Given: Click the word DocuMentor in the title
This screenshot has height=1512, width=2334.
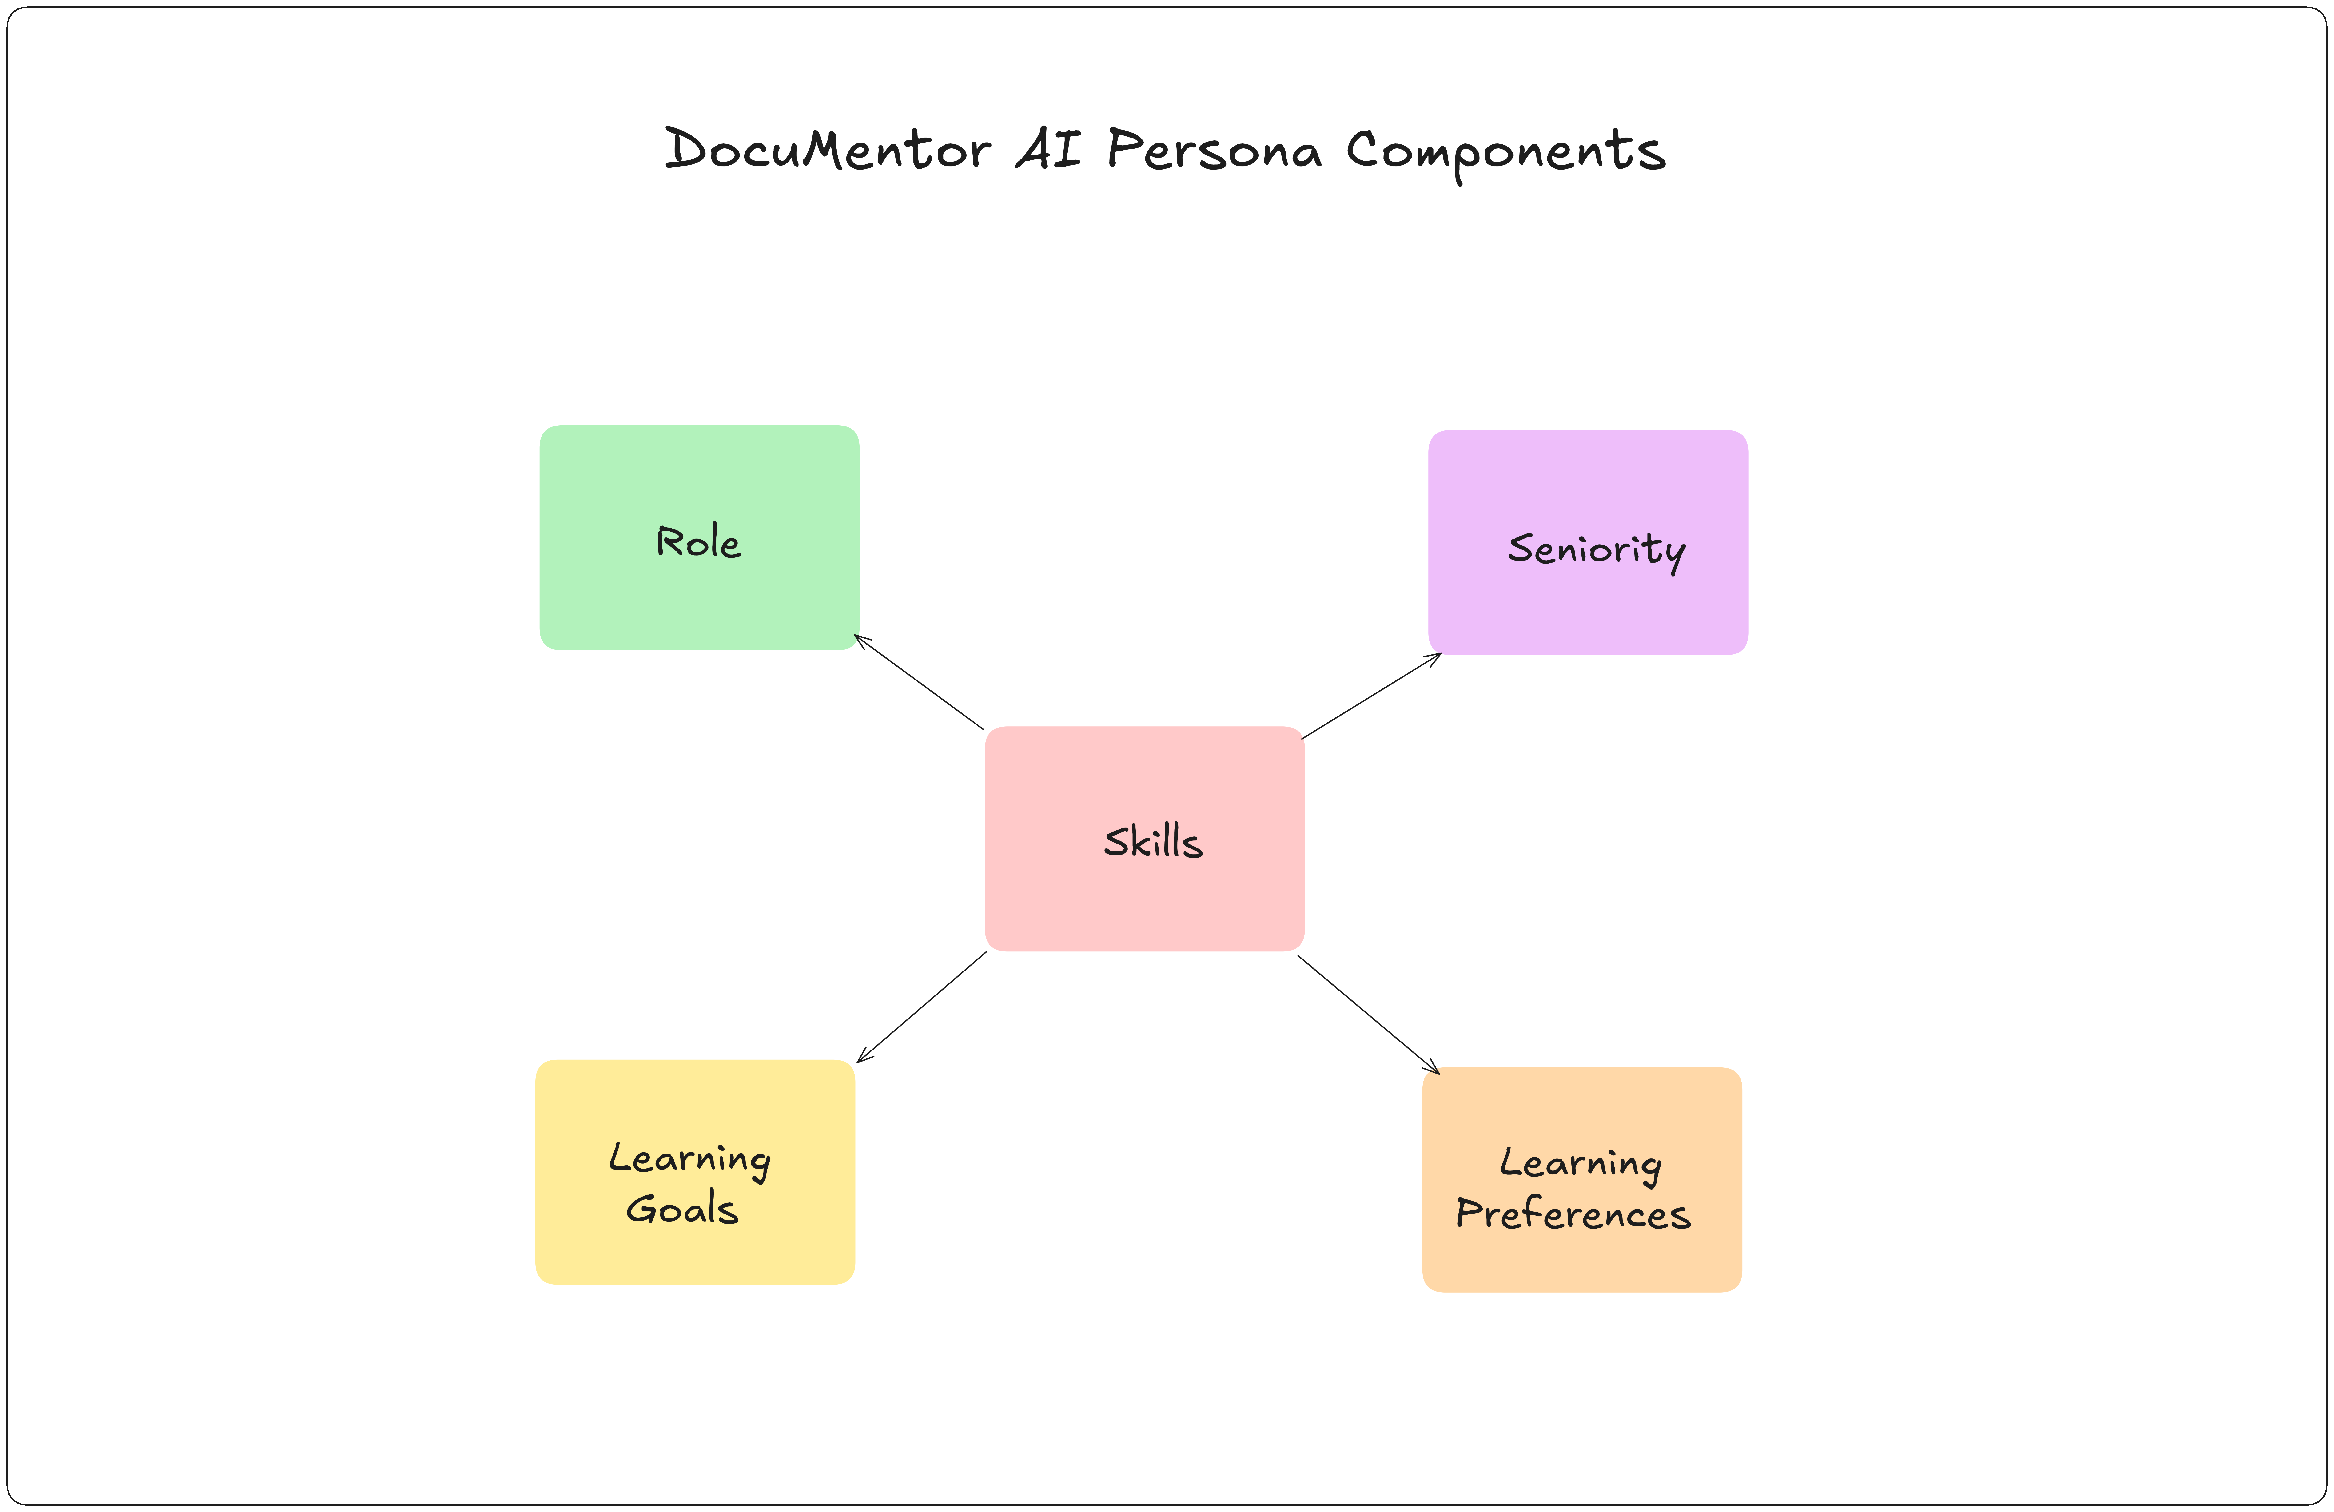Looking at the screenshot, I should pos(827,150).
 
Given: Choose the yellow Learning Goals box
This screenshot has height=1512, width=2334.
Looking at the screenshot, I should pos(695,1250).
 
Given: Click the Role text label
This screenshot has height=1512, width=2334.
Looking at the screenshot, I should pos(698,542).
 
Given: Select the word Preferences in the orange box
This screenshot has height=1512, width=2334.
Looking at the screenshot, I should pos(1573,1215).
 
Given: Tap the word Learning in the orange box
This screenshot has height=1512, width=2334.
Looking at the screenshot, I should pos(1580,1164).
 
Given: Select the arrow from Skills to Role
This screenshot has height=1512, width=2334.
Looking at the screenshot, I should pos(919,682).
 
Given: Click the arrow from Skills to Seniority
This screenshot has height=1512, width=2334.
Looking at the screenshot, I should pos(1371,696).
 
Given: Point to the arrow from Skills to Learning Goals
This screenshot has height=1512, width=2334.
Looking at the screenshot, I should pos(922,1007).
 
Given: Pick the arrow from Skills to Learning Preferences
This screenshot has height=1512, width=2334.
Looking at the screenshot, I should pos(1368,1015).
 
